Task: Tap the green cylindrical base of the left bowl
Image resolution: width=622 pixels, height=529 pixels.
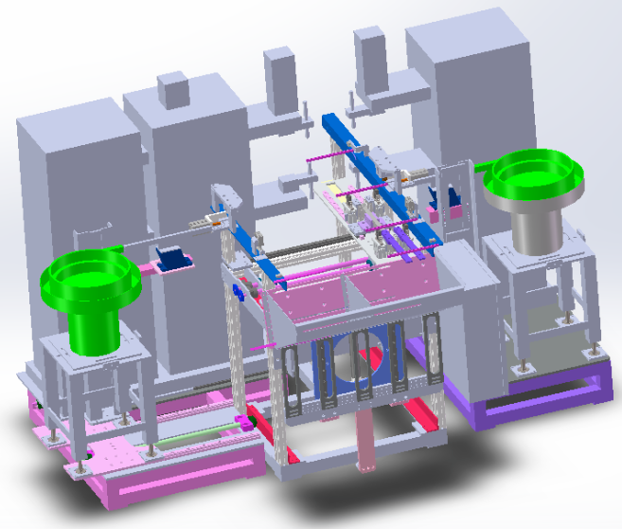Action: click(x=95, y=327)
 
